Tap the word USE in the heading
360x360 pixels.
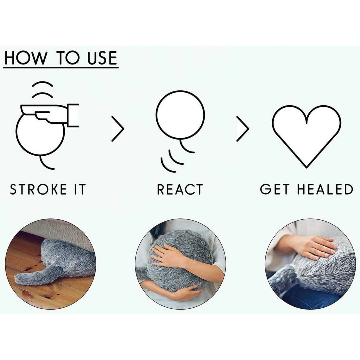tap(102, 58)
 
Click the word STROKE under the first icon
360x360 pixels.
tap(38, 189)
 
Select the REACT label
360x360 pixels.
tap(180, 189)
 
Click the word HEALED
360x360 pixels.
tap(325, 189)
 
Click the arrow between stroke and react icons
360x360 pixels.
tap(118, 129)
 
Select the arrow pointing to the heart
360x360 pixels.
tap(243, 129)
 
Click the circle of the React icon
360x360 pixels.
tap(180, 91)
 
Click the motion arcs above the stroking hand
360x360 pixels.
tap(42, 90)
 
